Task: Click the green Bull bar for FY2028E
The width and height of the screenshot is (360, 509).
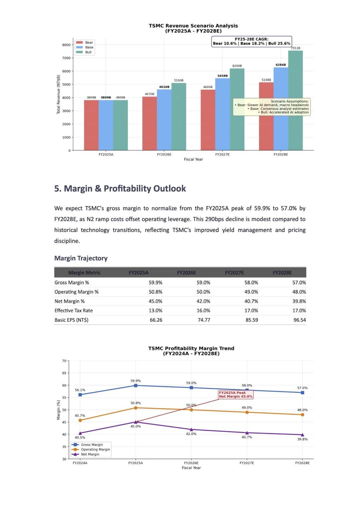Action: [295, 100]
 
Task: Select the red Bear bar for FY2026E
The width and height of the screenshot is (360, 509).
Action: [150, 123]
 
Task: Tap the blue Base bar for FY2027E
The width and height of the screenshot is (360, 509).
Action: [222, 114]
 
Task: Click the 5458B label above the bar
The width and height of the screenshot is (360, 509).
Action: [222, 76]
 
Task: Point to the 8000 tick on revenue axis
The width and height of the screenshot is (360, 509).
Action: [66, 45]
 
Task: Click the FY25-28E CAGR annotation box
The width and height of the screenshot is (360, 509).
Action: [251, 41]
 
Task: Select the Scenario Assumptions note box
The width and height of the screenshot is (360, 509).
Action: [272, 107]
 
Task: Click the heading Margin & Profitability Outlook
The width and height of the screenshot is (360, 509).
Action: [125, 188]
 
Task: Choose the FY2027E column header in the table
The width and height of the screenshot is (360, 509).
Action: [234, 272]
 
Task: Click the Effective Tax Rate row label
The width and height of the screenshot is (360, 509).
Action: [74, 310]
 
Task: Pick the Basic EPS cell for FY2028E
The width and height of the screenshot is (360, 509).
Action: [300, 320]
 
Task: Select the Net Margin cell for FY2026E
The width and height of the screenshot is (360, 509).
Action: [203, 301]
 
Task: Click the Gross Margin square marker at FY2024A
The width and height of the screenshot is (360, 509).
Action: [80, 395]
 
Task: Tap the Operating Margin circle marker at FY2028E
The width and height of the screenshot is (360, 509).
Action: [303, 415]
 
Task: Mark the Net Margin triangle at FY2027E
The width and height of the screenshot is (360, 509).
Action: [247, 433]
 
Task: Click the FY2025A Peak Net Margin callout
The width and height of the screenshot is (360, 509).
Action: [236, 394]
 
